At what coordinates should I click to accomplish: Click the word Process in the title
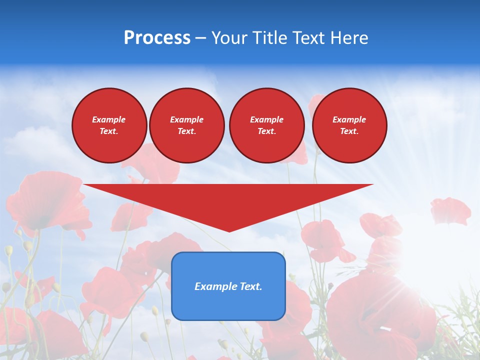157,38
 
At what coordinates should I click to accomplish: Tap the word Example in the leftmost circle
109,119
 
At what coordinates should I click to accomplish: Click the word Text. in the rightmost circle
349,131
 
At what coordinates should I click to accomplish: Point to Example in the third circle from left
266,119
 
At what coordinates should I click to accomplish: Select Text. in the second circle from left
186,131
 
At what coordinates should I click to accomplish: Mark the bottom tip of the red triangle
229,231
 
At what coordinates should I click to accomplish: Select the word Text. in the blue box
251,286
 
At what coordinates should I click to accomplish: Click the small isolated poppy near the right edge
450,210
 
